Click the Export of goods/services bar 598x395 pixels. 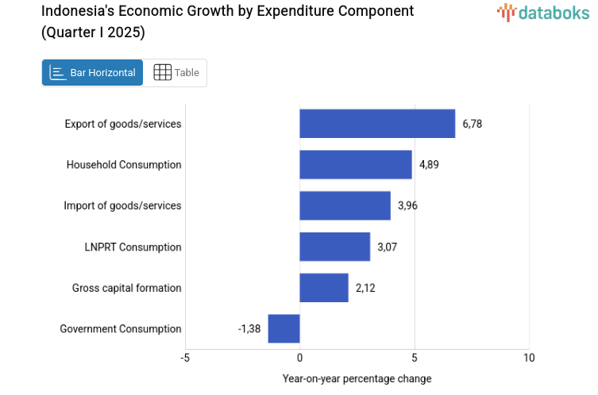click(377, 124)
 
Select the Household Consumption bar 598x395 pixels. click(356, 165)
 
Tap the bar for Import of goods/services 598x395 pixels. click(345, 205)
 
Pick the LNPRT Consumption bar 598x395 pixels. click(334, 247)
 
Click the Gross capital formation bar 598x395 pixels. click(324, 288)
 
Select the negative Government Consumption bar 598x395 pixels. click(284, 328)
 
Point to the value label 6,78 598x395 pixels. click(473, 124)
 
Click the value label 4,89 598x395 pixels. click(429, 165)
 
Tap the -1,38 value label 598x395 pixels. click(249, 328)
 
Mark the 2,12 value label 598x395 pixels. click(365, 288)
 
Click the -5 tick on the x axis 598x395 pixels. click(185, 358)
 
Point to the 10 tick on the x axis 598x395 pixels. click(529, 358)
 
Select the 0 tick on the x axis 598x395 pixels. click(299, 358)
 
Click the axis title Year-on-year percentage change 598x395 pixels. click(357, 378)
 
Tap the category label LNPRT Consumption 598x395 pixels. click(133, 247)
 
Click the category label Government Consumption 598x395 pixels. click(121, 328)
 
